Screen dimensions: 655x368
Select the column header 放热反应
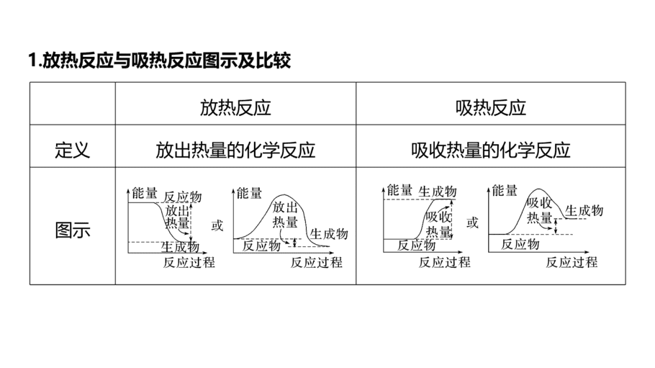pyautogui.click(x=235, y=107)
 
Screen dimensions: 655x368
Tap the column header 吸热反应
pyautogui.click(x=491, y=107)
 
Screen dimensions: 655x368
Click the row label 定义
pyautogui.click(x=72, y=150)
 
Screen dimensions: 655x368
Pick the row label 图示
pyautogui.click(x=72, y=230)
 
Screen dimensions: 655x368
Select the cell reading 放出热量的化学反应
pyautogui.click(x=235, y=150)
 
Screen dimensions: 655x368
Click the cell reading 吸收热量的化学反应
pyautogui.click(x=491, y=150)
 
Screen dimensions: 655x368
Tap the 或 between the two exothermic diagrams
pyautogui.click(x=217, y=225)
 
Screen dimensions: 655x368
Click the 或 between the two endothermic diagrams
pyautogui.click(x=472, y=223)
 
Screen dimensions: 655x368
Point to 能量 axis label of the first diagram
pyautogui.click(x=145, y=193)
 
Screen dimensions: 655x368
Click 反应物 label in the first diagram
pyautogui.click(x=183, y=197)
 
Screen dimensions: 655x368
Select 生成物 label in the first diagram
pyautogui.click(x=180, y=247)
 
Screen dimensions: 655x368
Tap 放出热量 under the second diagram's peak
pyautogui.click(x=285, y=214)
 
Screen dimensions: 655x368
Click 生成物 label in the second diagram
pyautogui.click(x=329, y=234)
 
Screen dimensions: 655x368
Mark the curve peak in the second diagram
pyautogui.click(x=284, y=195)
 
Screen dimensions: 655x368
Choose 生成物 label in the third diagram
pyautogui.click(x=438, y=192)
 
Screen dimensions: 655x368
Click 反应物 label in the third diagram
pyautogui.click(x=417, y=245)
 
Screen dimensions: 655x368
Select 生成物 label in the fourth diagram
pyautogui.click(x=584, y=210)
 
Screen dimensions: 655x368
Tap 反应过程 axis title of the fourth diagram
pyautogui.click(x=572, y=262)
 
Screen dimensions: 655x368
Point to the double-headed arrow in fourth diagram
pyautogui.click(x=556, y=226)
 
